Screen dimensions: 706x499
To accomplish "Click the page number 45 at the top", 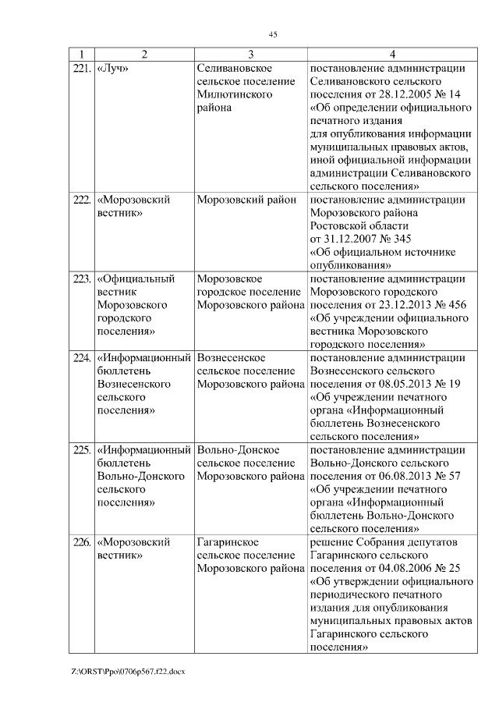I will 273,34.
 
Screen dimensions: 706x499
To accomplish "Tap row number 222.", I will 82,200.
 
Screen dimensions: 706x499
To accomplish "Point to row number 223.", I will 82,278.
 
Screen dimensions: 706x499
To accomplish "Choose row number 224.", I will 82,358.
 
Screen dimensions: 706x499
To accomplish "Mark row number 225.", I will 82,450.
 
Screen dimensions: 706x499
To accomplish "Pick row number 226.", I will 82,542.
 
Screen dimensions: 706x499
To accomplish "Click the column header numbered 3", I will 250,54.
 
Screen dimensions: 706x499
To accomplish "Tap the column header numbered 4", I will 392,54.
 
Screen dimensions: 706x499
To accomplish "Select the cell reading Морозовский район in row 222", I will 246,200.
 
